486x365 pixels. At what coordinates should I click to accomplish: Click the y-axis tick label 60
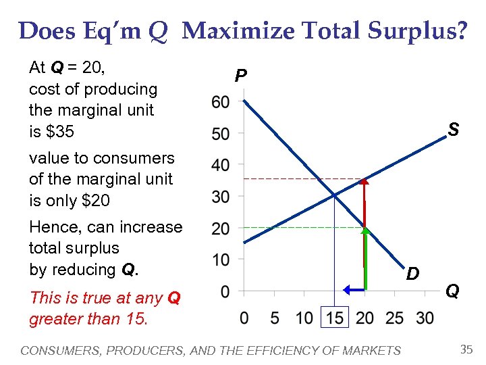[220, 102]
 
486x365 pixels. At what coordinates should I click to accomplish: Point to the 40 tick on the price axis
[220, 165]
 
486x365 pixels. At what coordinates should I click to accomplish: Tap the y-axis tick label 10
[220, 260]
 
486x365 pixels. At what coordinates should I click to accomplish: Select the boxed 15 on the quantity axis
[335, 318]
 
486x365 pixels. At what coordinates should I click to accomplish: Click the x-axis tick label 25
[396, 318]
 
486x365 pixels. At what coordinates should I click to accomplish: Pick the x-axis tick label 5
[274, 318]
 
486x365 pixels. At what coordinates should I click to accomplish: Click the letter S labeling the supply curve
[454, 129]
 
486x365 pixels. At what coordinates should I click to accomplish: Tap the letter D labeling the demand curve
[412, 274]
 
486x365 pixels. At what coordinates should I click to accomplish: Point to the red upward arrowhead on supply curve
[364, 181]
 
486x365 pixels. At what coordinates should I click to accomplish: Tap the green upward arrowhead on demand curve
[364, 230]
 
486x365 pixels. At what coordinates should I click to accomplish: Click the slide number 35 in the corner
[466, 349]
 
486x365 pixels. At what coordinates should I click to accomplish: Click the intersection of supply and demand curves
[334, 196]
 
